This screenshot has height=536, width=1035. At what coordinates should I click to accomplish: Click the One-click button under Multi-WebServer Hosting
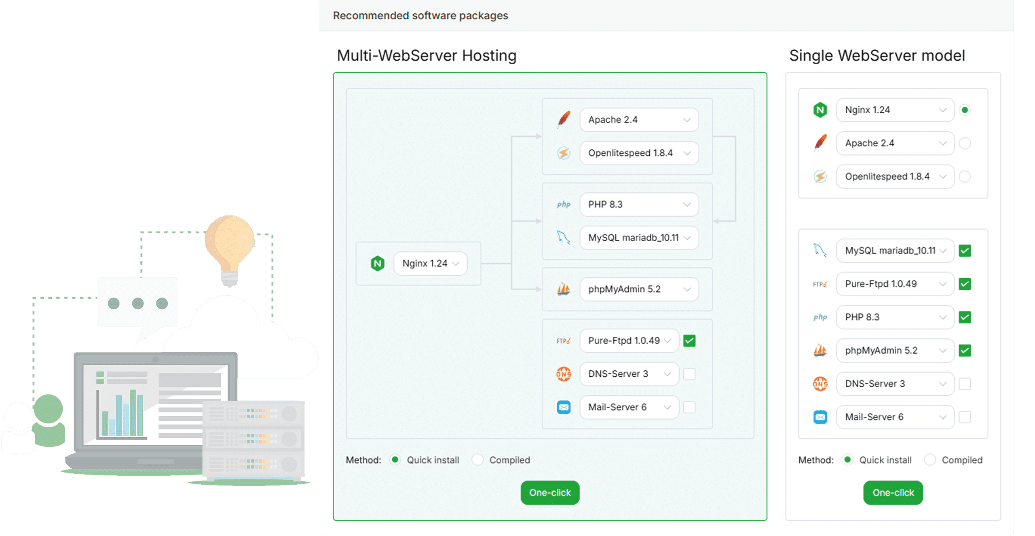pos(550,492)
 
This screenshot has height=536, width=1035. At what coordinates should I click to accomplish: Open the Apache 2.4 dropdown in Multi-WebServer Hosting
pos(639,120)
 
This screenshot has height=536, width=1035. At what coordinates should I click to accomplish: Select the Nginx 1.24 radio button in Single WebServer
pos(965,110)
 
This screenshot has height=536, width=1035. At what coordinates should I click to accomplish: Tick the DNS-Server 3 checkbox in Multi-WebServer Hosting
pos(689,374)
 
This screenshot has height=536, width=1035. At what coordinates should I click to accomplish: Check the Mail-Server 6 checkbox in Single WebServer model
pos(965,417)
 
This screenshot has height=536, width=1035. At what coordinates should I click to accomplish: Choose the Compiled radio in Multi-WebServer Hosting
pos(477,460)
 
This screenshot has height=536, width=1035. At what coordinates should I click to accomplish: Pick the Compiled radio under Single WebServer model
pos(930,460)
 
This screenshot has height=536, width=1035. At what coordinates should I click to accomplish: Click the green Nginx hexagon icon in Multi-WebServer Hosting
pos(377,264)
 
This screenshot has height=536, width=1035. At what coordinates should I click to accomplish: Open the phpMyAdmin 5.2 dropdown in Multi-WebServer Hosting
pos(639,289)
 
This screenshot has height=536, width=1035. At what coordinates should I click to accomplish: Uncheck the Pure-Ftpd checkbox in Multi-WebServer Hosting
pos(689,341)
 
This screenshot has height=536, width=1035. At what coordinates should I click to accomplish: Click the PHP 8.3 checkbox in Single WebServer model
pos(965,317)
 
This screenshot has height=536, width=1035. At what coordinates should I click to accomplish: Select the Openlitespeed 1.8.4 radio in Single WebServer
pos(965,176)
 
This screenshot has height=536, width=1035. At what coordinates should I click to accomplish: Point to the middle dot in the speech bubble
pos(138,303)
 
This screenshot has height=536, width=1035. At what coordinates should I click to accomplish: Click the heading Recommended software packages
pos(420,15)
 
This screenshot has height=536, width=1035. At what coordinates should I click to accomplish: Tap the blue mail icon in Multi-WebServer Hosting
pos(564,407)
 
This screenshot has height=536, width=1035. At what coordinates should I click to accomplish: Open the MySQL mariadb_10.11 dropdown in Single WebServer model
pos(895,251)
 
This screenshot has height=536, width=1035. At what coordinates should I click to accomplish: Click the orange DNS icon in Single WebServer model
pos(820,384)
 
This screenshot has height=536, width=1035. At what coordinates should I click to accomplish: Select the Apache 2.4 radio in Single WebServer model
pos(965,143)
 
